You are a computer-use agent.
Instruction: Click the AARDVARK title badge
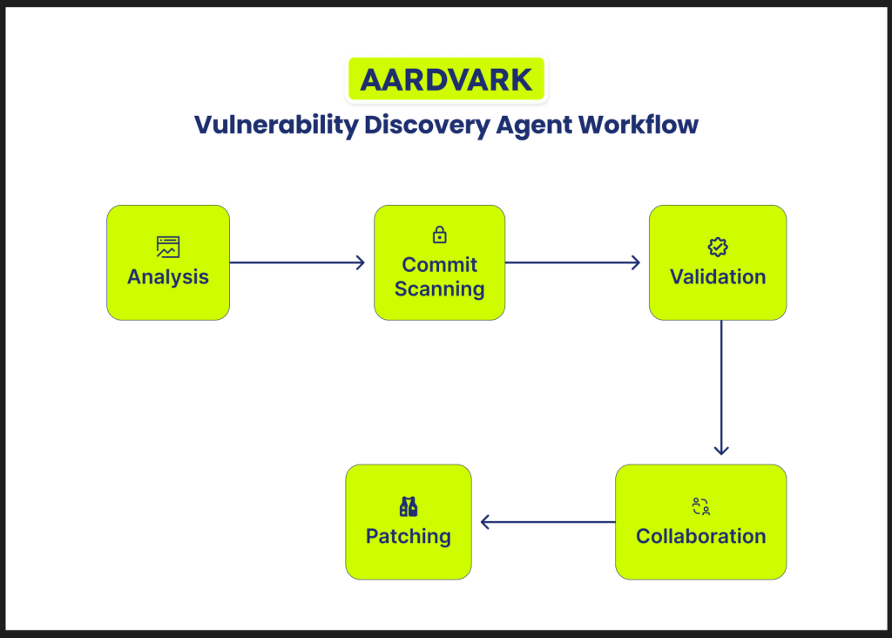446,79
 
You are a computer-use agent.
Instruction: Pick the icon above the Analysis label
168,247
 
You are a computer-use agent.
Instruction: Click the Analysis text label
168,277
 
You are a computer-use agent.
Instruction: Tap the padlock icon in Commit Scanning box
439,234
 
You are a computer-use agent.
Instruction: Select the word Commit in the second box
439,264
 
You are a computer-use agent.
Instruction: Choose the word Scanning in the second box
439,289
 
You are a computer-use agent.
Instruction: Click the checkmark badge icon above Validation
718,247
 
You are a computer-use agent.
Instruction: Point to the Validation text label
718,277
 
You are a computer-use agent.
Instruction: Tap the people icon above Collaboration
700,506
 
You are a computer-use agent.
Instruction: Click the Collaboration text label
700,536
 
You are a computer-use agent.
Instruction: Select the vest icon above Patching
408,506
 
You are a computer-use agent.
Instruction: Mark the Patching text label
408,536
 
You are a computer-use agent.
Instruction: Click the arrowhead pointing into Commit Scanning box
360,262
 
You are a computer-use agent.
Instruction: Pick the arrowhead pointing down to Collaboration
720,450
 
